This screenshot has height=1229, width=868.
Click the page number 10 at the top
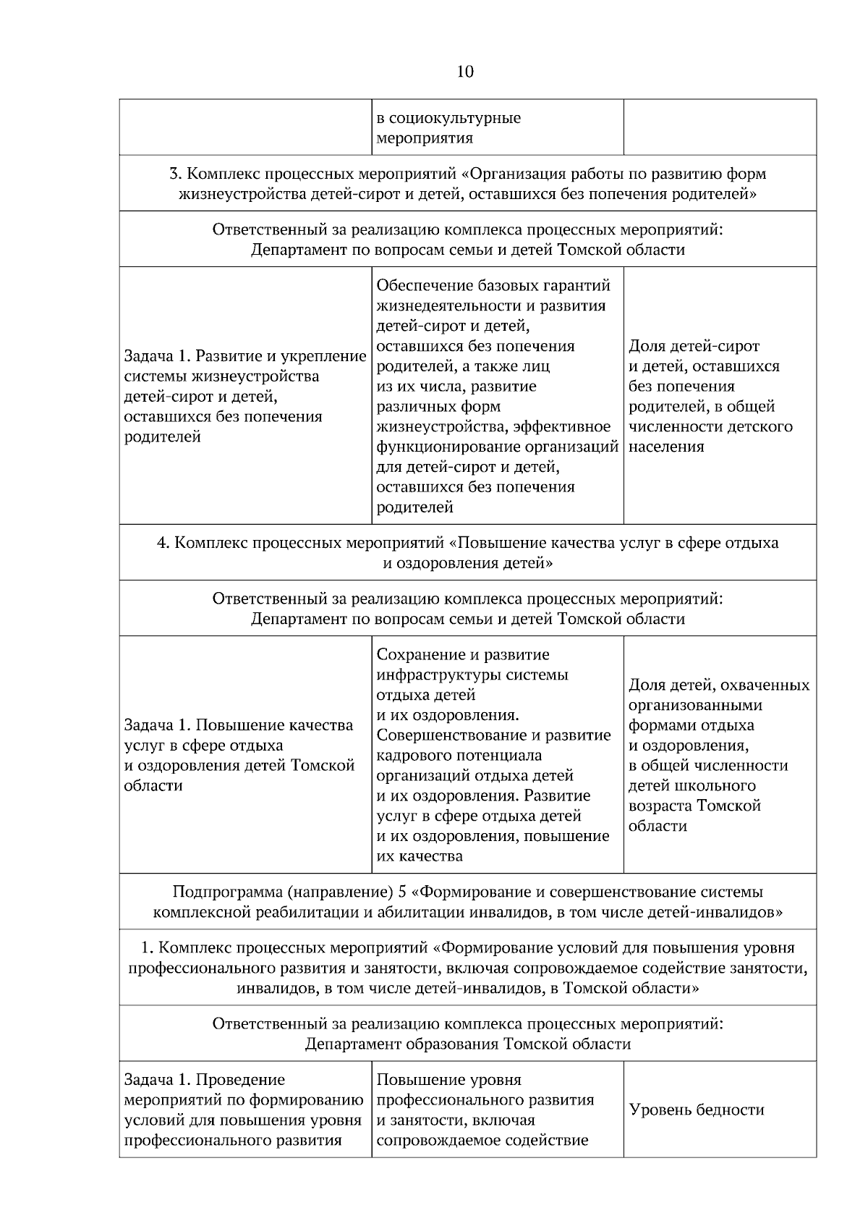(465, 72)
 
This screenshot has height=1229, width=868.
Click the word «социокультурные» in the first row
(449, 118)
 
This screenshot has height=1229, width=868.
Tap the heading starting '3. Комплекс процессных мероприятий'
(467, 174)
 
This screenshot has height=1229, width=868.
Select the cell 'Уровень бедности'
(697, 1110)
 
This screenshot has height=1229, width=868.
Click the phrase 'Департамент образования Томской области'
(467, 1044)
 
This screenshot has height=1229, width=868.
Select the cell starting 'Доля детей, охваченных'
(719, 755)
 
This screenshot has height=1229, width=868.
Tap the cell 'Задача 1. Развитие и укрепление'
(245, 396)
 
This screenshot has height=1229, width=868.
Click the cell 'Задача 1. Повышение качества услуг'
(239, 755)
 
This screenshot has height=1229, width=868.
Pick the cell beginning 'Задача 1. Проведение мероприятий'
(244, 1110)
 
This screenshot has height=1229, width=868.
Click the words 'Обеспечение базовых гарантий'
(493, 285)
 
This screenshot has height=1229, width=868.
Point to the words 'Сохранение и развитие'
(463, 655)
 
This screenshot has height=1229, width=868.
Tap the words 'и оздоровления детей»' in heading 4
(467, 563)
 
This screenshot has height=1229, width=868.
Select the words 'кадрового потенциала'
(459, 756)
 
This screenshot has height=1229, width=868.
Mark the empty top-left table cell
(245, 127)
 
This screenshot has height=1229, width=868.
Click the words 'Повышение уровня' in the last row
(449, 1080)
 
